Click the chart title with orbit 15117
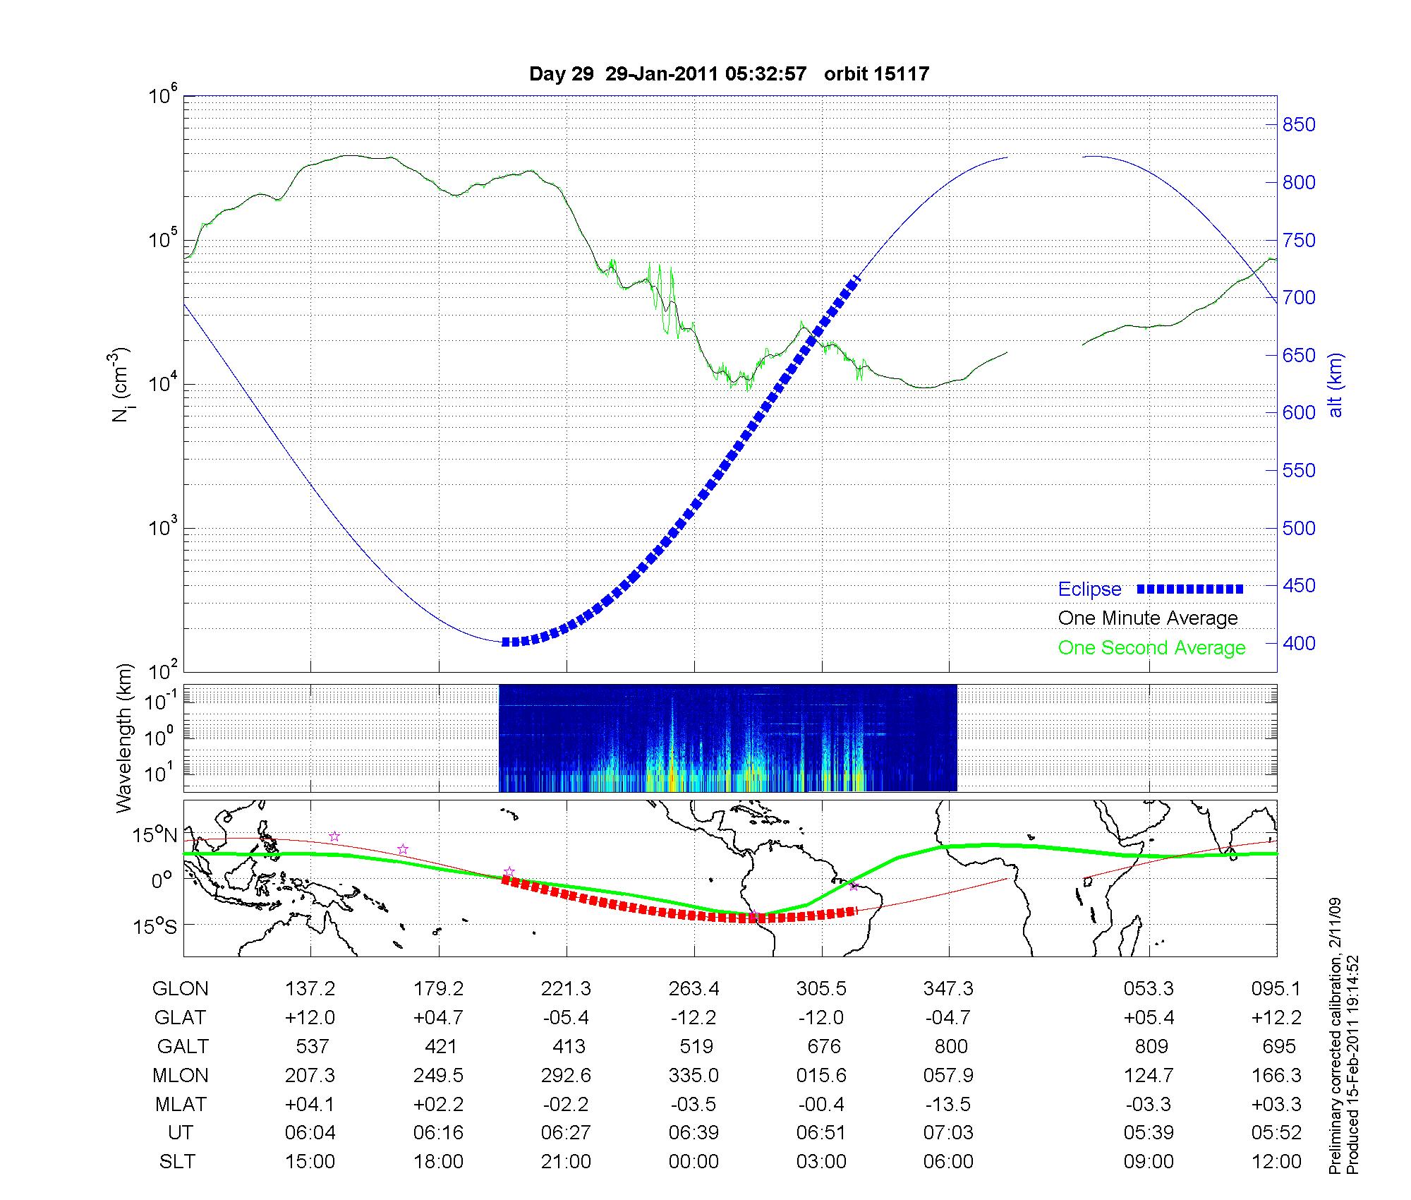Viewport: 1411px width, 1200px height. coord(729,73)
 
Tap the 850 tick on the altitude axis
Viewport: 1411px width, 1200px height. coord(1298,125)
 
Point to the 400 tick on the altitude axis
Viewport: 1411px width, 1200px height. coord(1298,643)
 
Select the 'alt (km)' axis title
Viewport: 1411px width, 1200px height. coord(1336,385)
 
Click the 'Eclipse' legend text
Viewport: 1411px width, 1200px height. coord(1089,589)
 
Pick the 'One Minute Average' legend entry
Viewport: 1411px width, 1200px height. coord(1148,618)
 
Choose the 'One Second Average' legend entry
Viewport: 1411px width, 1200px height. coord(1151,648)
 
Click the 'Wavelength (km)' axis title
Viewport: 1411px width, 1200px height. coord(125,738)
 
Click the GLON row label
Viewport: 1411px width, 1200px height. coord(180,988)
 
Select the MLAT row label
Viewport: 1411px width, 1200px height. coord(180,1104)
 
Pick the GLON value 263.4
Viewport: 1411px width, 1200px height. coord(694,988)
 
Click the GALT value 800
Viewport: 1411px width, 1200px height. coord(950,1046)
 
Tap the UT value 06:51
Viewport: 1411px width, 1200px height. coord(822,1133)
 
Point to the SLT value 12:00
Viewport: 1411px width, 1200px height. coord(1276,1162)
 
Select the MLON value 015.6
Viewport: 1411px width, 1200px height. coord(822,1075)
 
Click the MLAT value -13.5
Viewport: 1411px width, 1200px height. coord(950,1104)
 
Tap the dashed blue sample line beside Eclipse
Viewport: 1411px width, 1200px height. coord(1190,589)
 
